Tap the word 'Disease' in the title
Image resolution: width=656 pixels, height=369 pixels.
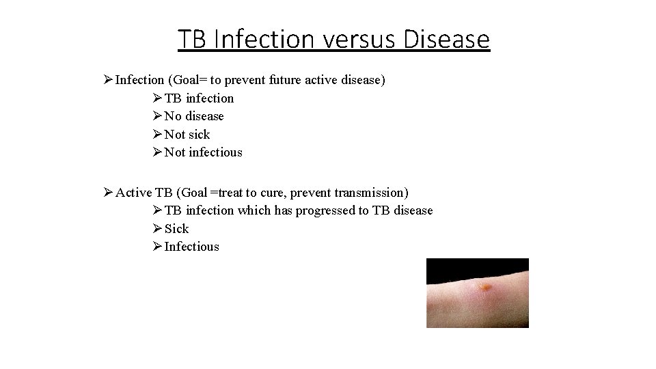coord(446,40)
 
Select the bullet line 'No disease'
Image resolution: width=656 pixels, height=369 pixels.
coord(194,116)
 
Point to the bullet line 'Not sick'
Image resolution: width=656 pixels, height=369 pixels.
coord(187,135)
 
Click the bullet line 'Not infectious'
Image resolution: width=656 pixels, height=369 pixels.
coord(203,152)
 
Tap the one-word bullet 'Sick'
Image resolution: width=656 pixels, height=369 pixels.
coord(176,229)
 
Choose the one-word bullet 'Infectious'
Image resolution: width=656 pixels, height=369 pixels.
coord(192,247)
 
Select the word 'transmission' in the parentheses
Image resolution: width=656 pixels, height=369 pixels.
coord(368,193)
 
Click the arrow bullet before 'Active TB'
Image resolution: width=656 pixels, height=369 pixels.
coord(107,193)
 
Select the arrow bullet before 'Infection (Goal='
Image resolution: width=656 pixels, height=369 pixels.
coord(107,80)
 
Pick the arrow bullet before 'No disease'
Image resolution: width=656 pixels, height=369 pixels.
coord(156,116)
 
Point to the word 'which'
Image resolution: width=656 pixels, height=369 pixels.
coord(254,210)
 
